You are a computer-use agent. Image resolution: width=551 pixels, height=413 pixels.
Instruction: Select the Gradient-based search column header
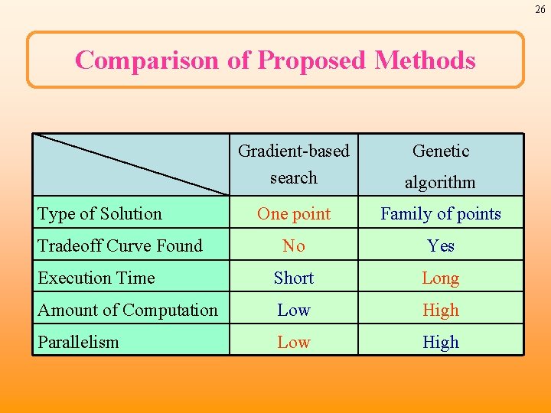(294, 164)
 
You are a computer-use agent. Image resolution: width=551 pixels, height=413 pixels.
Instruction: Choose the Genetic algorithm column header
(441, 166)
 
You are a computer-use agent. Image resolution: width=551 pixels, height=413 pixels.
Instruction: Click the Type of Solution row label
(100, 214)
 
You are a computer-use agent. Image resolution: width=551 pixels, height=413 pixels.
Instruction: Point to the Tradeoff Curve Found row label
(120, 246)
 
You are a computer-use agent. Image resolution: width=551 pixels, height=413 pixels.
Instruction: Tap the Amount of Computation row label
(128, 310)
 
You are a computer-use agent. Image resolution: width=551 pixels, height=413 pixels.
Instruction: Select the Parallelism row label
(79, 342)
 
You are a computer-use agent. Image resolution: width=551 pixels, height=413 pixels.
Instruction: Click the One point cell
(294, 214)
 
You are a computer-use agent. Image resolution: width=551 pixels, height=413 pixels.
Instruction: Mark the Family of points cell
(441, 214)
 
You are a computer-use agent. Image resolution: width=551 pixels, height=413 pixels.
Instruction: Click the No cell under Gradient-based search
(294, 246)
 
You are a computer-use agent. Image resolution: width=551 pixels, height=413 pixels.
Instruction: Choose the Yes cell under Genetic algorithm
(441, 246)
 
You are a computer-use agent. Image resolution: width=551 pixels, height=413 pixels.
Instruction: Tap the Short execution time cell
(294, 278)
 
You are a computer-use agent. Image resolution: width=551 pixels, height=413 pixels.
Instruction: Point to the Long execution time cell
(441, 278)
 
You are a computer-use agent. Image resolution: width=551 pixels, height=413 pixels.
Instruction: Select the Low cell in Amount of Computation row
(294, 310)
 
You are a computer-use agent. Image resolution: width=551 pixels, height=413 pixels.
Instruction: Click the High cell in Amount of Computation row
(441, 310)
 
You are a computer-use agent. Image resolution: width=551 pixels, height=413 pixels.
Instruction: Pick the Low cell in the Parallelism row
(294, 342)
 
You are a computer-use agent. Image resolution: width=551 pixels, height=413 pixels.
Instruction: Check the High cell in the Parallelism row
(441, 342)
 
